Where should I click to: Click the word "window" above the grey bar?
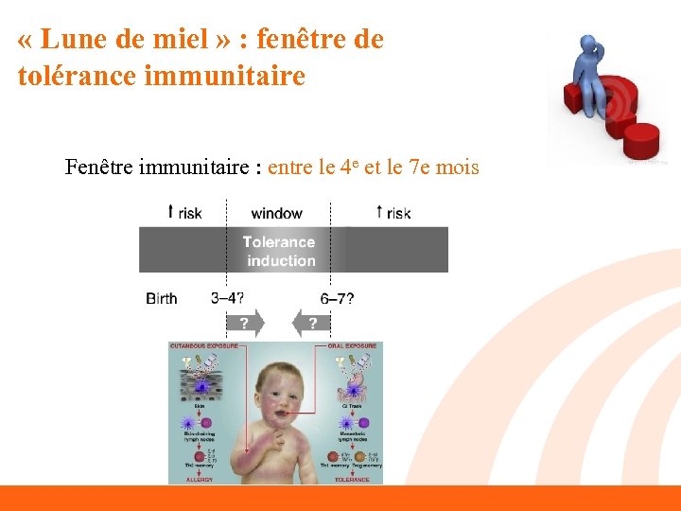point(276,213)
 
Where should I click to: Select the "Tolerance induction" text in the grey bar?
point(279,251)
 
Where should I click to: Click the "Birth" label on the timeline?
point(162,298)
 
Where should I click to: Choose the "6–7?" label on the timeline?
point(337,298)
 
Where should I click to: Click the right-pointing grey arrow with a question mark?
point(245,324)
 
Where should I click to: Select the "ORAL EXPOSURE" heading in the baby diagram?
point(356,346)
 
